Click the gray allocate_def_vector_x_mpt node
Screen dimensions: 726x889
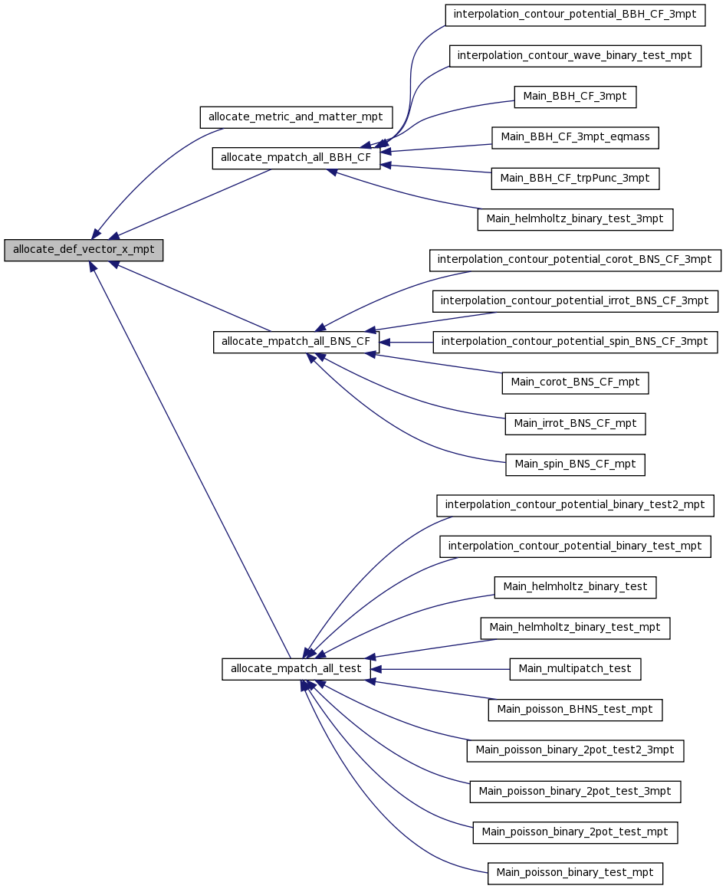(x=84, y=250)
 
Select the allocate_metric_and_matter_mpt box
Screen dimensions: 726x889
(x=296, y=117)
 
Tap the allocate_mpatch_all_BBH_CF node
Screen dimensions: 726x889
(x=296, y=158)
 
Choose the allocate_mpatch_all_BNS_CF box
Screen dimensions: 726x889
(x=296, y=342)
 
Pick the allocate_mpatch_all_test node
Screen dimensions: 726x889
(x=296, y=669)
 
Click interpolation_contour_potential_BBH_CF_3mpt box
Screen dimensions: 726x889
(x=575, y=15)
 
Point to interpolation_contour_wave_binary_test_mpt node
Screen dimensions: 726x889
(x=575, y=55)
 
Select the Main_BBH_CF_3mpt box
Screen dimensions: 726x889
(x=575, y=97)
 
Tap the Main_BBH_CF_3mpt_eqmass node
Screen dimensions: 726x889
(x=575, y=138)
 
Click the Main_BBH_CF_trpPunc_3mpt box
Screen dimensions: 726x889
(x=575, y=179)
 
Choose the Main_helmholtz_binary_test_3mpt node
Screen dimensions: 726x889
(x=575, y=219)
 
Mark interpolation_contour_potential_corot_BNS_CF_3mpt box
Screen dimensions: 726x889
(x=575, y=261)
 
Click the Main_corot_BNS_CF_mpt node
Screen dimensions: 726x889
(x=575, y=382)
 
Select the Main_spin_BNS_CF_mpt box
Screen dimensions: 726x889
(x=575, y=465)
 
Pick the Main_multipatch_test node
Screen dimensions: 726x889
(x=575, y=669)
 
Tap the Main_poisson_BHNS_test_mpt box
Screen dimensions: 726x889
(x=575, y=710)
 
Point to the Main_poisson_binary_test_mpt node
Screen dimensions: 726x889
(x=575, y=873)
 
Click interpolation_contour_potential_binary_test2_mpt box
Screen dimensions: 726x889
(x=575, y=505)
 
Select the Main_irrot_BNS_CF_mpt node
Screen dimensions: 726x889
(x=575, y=424)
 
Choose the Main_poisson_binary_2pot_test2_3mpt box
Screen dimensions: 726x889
(x=575, y=750)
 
